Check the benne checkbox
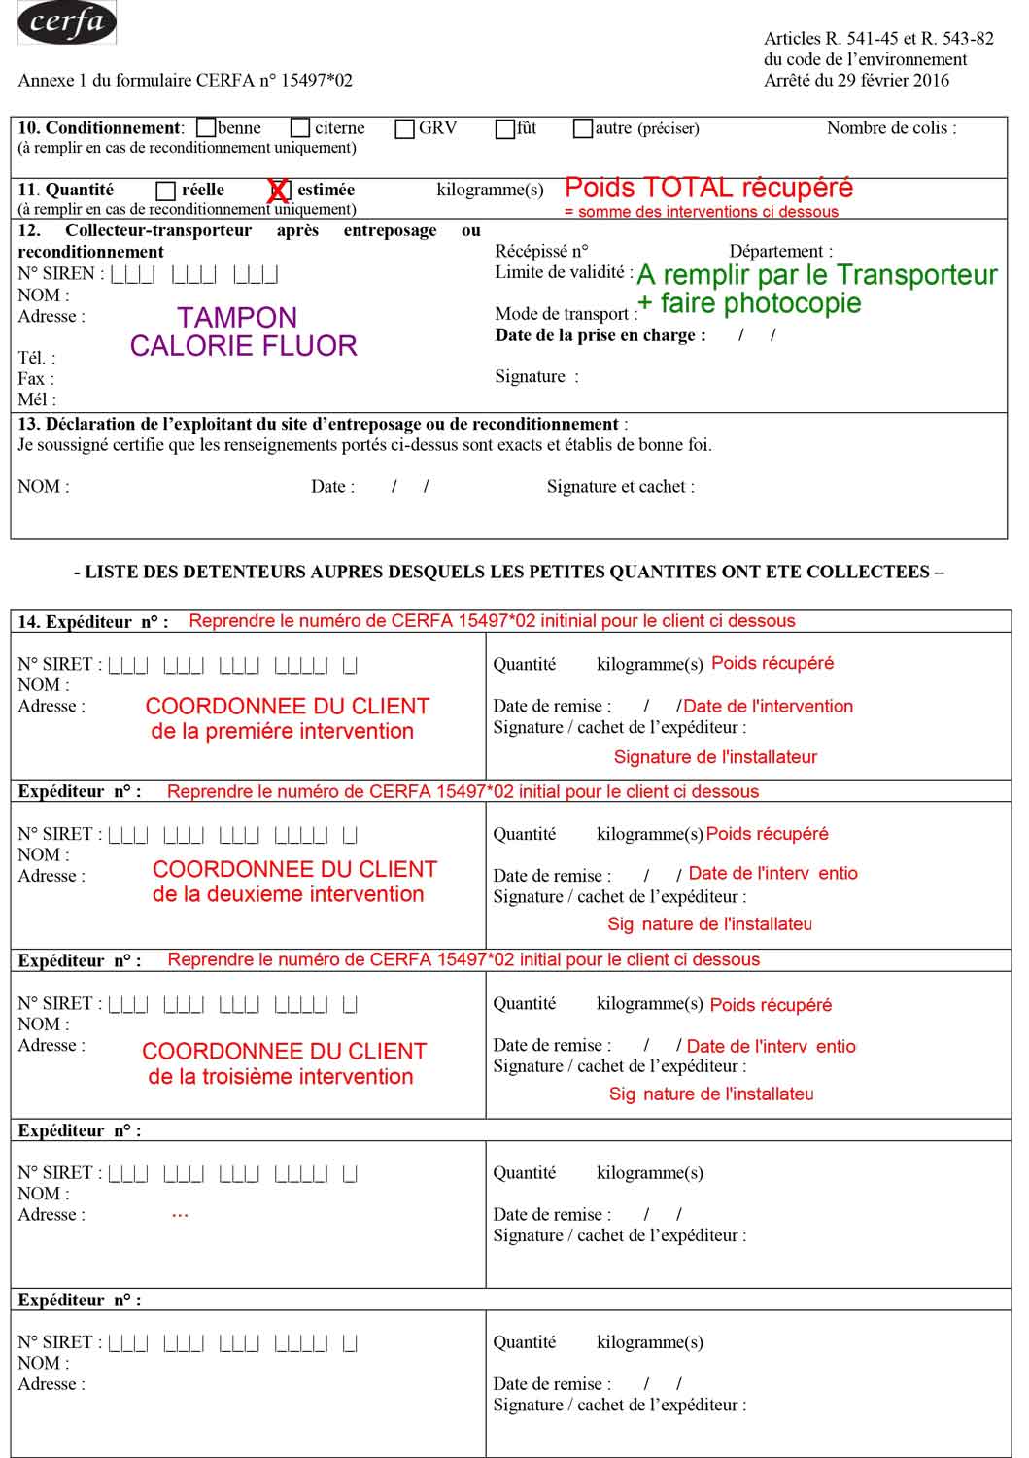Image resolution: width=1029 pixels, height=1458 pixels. tap(206, 128)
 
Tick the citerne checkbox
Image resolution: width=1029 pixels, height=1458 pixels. tap(300, 128)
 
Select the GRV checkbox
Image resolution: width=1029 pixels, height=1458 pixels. tap(405, 128)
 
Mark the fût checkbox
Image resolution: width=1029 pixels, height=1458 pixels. tap(505, 128)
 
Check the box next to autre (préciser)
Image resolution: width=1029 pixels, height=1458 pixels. tap(583, 128)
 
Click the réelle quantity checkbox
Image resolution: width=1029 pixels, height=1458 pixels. tap(166, 191)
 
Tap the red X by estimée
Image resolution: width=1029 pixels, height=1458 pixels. tap(279, 191)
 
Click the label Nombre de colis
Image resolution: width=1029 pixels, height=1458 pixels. tap(891, 127)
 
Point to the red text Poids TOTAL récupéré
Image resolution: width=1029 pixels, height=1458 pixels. tap(708, 188)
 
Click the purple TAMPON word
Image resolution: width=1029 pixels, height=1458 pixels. tap(237, 318)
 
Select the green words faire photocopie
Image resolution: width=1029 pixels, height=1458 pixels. tap(760, 303)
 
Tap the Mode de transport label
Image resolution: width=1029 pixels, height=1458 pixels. tap(566, 314)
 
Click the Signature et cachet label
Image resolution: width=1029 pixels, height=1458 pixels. tap(620, 487)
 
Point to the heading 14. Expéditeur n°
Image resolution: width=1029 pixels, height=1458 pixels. tap(92, 622)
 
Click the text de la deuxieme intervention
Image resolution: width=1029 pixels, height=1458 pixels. tap(288, 894)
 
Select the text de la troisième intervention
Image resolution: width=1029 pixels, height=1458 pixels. tap(281, 1077)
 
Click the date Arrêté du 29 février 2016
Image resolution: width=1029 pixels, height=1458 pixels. tap(856, 81)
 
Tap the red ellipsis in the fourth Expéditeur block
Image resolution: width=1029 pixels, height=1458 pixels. tap(180, 1215)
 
